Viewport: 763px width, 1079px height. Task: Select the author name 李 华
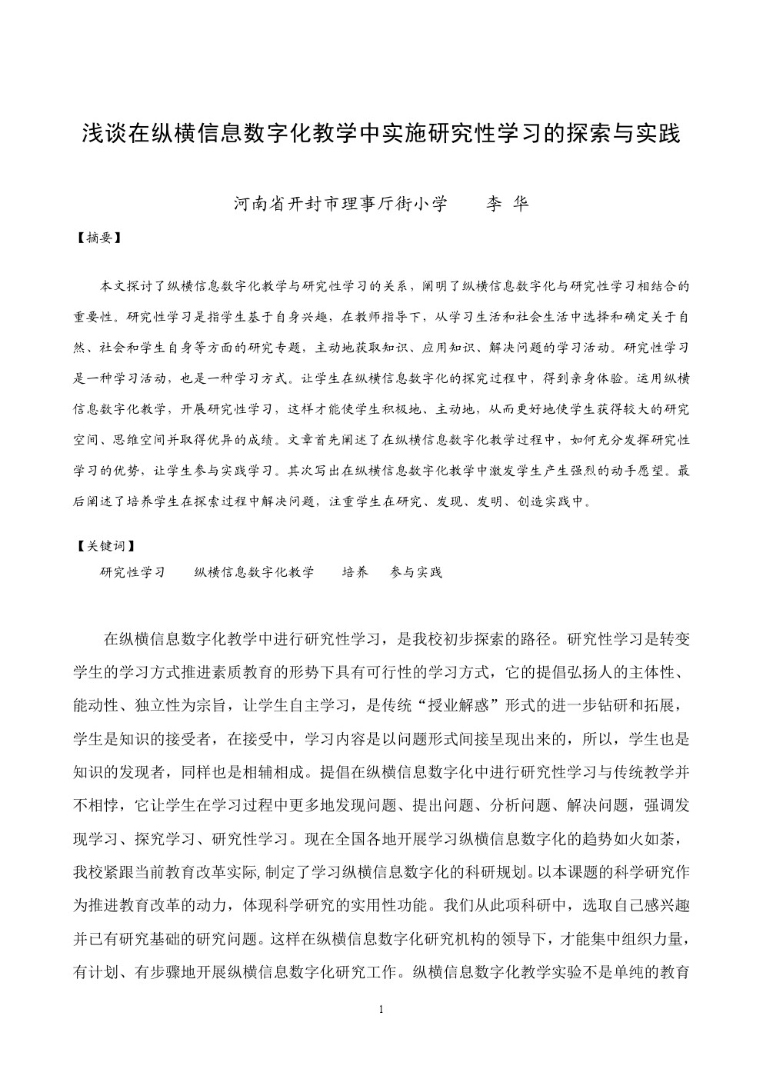508,204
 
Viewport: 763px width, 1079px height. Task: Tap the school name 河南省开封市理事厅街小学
341,204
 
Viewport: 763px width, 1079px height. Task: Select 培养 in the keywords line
355,572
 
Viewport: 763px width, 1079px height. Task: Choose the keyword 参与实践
416,572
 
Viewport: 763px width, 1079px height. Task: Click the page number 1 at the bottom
381,1009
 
